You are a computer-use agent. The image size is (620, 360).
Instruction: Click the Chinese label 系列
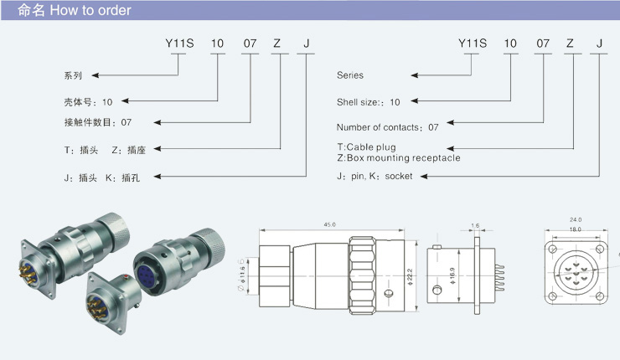pos(74,75)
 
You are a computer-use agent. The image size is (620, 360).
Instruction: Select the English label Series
pos(350,75)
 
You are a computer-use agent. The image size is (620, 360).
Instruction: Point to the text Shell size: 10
pos(369,101)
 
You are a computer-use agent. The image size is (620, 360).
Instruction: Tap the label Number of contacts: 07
pos(387,127)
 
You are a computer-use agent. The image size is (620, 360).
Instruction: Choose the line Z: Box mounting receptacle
pos(398,157)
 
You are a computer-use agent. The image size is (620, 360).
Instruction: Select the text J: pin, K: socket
pos(375,177)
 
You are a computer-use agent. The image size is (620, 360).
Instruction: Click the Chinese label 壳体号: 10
pos(88,102)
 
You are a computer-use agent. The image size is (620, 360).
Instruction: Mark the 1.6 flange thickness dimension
pos(475,225)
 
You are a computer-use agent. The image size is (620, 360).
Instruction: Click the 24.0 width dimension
pos(576,219)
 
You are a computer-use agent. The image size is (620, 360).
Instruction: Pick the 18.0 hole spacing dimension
pos(576,229)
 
